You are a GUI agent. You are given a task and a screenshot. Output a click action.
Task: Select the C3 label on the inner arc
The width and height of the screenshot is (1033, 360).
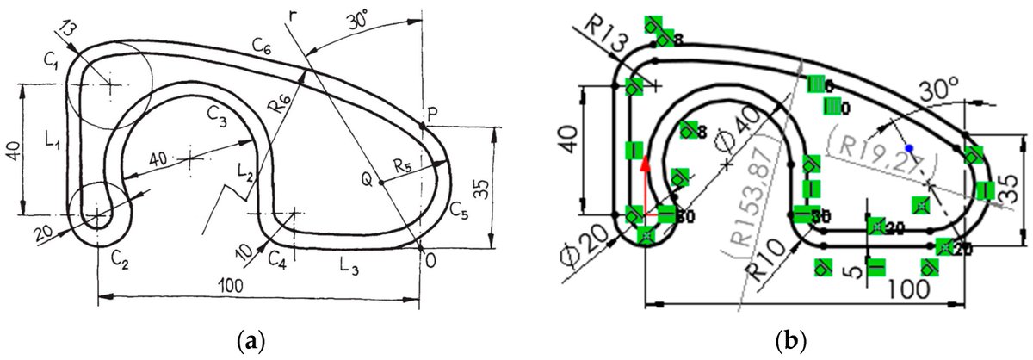click(x=216, y=112)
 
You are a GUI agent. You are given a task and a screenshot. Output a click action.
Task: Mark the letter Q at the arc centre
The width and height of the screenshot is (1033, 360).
click(x=367, y=180)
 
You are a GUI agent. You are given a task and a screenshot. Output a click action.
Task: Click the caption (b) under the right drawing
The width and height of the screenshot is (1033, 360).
click(x=784, y=340)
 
